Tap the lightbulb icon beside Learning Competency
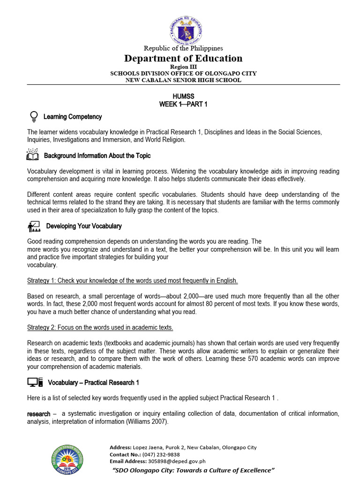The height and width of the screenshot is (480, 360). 33,116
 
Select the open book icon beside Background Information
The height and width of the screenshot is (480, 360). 32,155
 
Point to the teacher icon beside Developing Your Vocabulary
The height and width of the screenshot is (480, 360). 34,226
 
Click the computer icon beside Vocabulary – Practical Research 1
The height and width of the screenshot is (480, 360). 35,382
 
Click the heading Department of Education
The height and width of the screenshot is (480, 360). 183,58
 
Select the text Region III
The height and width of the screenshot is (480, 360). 183,67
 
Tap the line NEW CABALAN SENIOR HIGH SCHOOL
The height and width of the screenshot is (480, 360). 183,80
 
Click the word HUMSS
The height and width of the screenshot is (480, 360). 183,96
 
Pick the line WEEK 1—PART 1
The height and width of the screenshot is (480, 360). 183,104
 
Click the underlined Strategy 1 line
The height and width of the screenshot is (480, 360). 133,281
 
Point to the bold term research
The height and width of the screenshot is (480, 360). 38,414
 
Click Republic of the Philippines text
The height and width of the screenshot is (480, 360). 183,48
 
